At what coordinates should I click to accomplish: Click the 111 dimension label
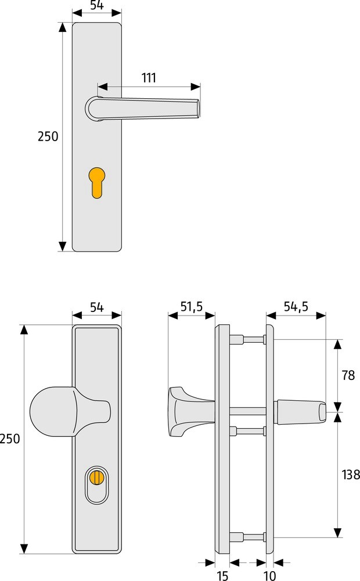coord(149,78)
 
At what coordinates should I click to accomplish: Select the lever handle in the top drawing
coord(143,109)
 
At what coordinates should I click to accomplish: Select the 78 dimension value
coord(348,375)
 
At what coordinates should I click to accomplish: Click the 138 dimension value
coord(351,475)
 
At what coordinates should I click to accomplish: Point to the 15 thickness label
coord(222,575)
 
